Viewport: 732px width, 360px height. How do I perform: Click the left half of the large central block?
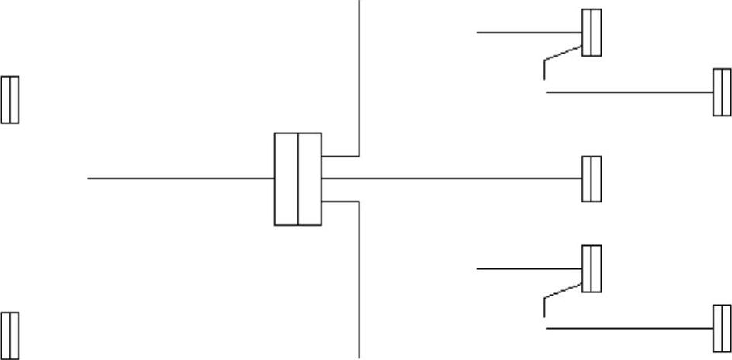(286, 178)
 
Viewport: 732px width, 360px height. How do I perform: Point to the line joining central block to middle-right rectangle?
(450, 178)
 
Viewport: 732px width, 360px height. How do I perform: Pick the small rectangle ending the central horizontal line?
(591, 178)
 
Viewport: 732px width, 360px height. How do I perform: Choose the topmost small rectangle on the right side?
(591, 33)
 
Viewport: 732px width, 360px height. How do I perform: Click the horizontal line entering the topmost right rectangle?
(528, 33)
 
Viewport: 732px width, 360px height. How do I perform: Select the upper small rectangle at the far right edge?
(722, 92)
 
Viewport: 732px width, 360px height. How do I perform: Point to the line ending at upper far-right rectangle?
(629, 92)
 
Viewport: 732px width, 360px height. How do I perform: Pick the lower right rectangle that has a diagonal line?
(591, 268)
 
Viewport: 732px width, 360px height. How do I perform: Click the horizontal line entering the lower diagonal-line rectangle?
(528, 268)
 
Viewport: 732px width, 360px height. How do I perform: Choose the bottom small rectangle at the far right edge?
(722, 328)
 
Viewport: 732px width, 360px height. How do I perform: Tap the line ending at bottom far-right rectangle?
(629, 328)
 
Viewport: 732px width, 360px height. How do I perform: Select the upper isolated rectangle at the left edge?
(9, 99)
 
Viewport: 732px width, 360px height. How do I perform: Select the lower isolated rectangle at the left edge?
(9, 335)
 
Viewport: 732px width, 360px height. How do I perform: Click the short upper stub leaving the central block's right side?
(340, 156)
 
